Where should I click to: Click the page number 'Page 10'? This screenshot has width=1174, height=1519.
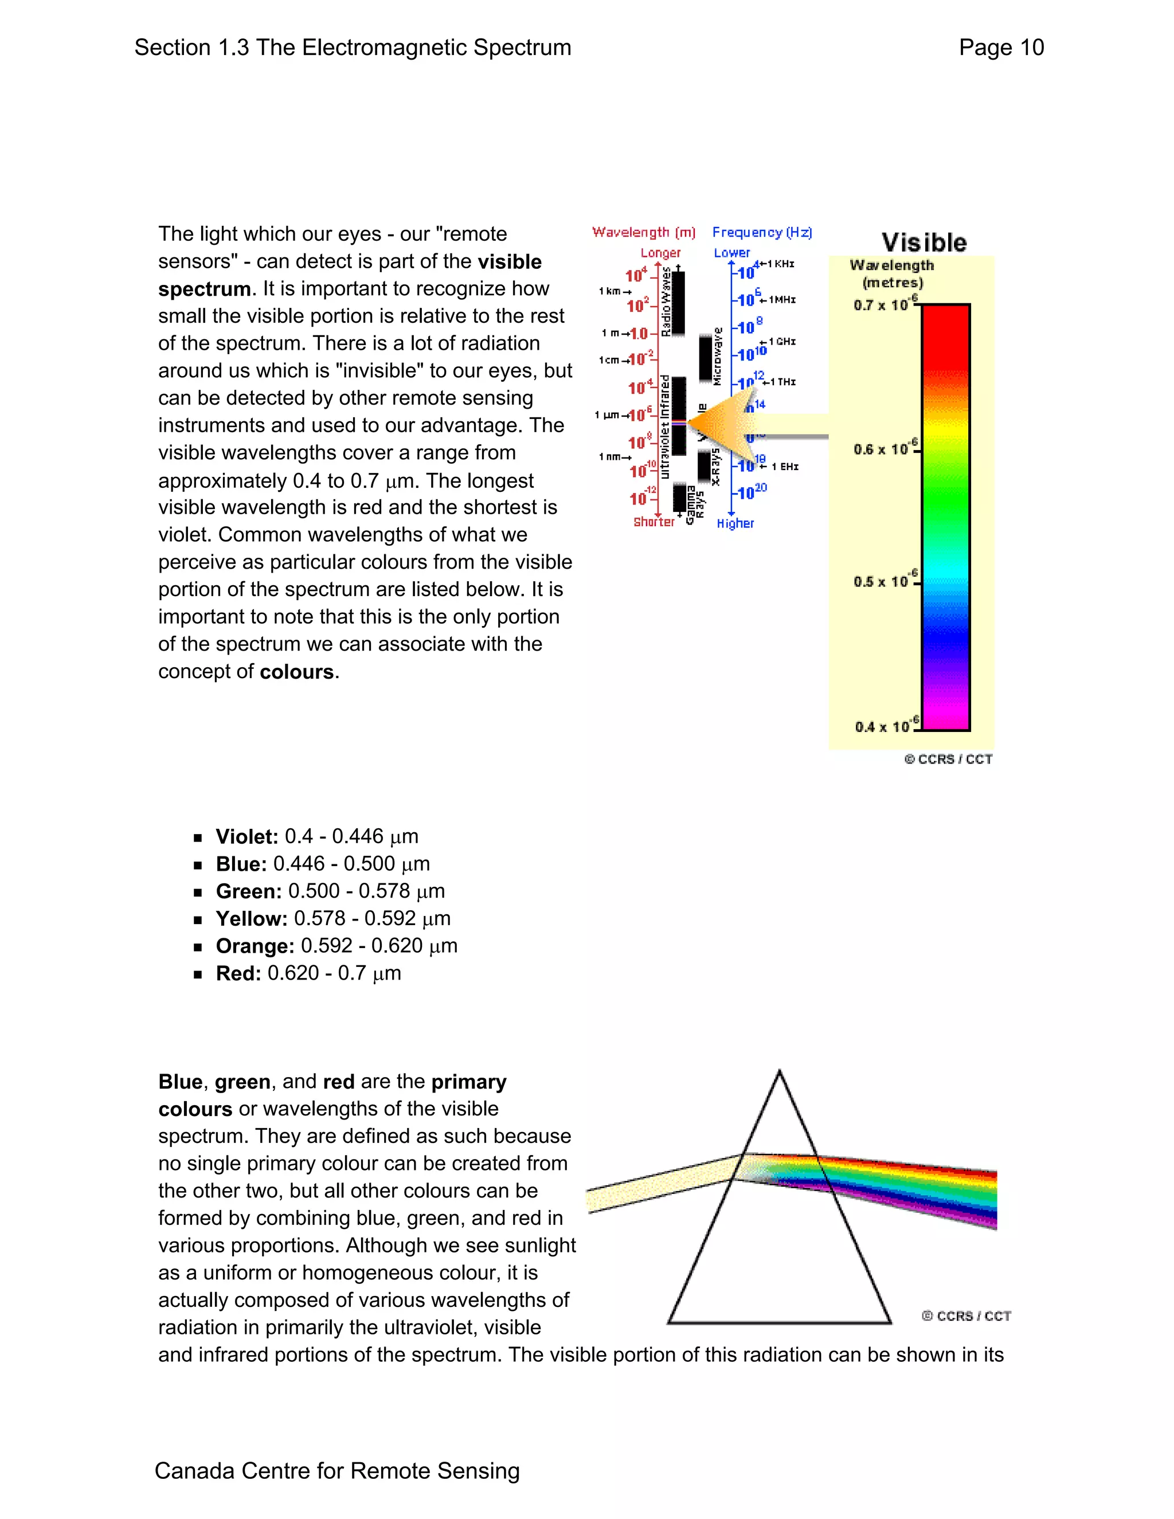(1001, 48)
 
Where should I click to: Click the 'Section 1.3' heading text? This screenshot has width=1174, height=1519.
(192, 48)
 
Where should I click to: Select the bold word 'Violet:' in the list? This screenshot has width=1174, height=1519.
(246, 837)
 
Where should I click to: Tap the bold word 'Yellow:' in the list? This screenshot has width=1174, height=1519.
(251, 919)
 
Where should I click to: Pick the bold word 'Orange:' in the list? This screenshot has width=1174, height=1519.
(255, 946)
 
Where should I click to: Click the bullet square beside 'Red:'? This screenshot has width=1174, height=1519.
(198, 974)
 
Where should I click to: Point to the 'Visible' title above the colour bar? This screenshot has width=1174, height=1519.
(923, 242)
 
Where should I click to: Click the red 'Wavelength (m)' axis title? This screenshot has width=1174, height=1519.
(643, 232)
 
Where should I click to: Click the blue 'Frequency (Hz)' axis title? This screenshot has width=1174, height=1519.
(762, 232)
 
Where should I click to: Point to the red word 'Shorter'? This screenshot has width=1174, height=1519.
(653, 522)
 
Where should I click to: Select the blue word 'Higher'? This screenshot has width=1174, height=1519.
(735, 523)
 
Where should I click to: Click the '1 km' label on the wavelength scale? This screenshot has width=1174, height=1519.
(612, 291)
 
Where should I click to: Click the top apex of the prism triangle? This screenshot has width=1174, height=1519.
(779, 1072)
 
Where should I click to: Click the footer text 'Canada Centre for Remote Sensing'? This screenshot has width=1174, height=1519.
(336, 1470)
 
